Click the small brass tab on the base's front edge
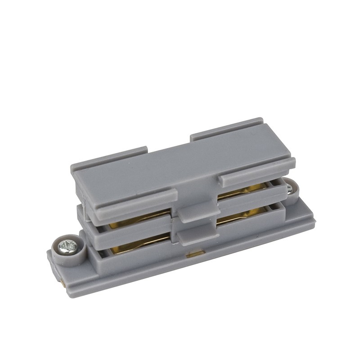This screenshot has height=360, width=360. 193,255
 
